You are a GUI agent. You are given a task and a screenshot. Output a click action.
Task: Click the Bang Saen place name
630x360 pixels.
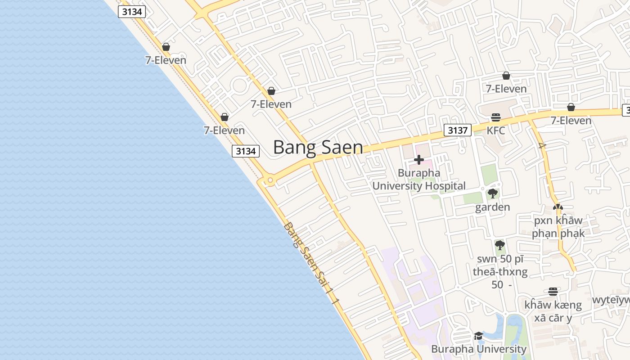(318, 147)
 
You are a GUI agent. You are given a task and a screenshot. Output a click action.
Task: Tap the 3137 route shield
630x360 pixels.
(457, 130)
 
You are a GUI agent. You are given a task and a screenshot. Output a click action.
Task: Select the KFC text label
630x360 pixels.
(495, 130)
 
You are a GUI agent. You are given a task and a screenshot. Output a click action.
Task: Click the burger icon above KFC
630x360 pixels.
(496, 118)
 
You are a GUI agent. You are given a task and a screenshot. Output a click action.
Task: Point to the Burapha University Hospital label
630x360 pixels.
(419, 179)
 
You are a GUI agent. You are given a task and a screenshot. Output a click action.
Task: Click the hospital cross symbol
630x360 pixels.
(419, 160)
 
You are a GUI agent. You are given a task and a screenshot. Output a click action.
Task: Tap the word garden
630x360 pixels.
(493, 207)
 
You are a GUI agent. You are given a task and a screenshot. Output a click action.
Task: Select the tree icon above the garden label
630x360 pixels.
(493, 194)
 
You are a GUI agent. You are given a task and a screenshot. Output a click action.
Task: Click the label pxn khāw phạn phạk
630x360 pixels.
(558, 227)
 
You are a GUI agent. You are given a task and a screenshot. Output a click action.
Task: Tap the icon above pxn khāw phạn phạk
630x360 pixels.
(558, 207)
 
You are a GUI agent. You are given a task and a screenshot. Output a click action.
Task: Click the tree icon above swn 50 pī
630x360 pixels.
(499, 245)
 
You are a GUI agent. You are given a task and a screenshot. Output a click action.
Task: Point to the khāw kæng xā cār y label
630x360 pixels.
(553, 311)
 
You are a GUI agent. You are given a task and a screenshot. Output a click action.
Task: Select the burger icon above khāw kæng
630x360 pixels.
(553, 292)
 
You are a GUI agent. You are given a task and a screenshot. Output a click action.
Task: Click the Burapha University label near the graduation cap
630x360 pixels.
(479, 349)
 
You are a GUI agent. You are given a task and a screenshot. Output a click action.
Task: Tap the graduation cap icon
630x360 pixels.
(478, 336)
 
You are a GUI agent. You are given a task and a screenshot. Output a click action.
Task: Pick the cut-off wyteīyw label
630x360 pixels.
(611, 300)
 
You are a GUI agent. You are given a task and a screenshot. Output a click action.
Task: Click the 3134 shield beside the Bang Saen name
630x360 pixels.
(246, 151)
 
